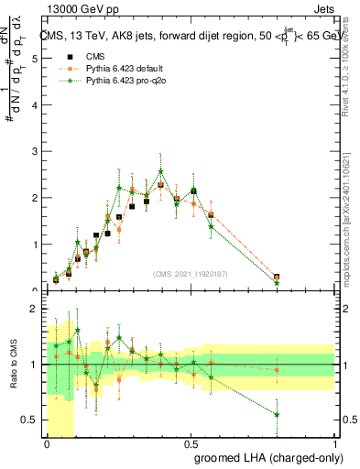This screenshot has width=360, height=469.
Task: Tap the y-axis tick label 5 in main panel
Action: tap(36, 58)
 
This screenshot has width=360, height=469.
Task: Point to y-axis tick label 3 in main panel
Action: tap(36, 151)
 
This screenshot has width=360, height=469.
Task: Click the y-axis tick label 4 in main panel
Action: tap(36, 104)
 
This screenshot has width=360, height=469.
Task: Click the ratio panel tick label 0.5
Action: tap(31, 420)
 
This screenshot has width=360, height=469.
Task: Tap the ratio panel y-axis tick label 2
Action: tap(36, 309)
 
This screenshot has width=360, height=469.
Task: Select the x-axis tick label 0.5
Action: tap(191, 443)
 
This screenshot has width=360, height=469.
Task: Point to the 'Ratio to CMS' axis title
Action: tap(13, 365)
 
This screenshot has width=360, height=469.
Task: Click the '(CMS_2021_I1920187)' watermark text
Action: tap(191, 273)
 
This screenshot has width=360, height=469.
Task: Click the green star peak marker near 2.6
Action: tap(161, 171)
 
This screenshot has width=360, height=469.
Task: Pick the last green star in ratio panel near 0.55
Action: tap(277, 414)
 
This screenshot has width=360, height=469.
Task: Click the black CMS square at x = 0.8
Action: tap(277, 277)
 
